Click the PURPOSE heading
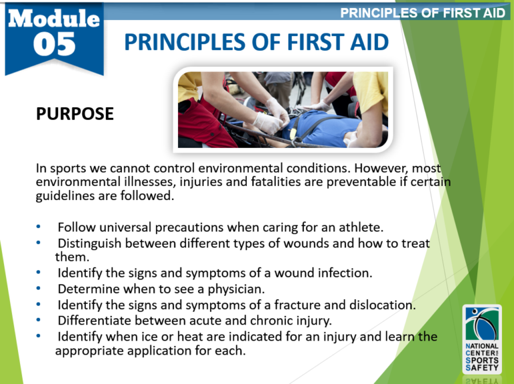[74, 114]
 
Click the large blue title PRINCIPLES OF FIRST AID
[256, 43]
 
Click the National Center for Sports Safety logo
[481, 337]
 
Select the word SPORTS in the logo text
[481, 359]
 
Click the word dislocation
[382, 305]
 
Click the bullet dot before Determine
[39, 289]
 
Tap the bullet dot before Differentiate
[39, 321]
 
